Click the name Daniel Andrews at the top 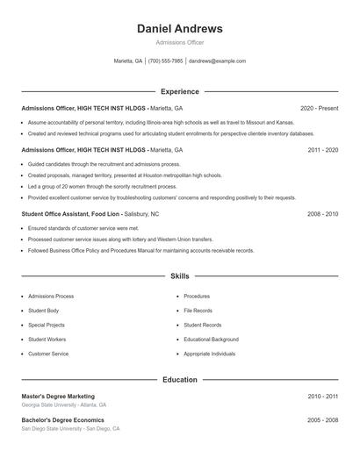click(180, 29)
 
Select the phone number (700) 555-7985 click(166, 61)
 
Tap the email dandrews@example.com click(217, 61)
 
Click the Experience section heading click(180, 91)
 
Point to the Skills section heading click(180, 276)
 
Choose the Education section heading click(180, 380)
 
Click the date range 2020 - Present click(320, 108)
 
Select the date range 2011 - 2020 click(323, 150)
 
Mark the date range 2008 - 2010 click(323, 214)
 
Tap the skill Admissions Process click(51, 297)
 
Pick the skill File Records click(198, 311)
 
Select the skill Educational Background click(211, 339)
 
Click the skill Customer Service click(48, 354)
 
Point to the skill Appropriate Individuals click(210, 354)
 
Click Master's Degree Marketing click(58, 397)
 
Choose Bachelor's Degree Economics click(62, 420)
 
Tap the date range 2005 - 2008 click(323, 420)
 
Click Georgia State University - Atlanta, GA click(64, 405)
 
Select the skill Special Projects click(47, 325)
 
